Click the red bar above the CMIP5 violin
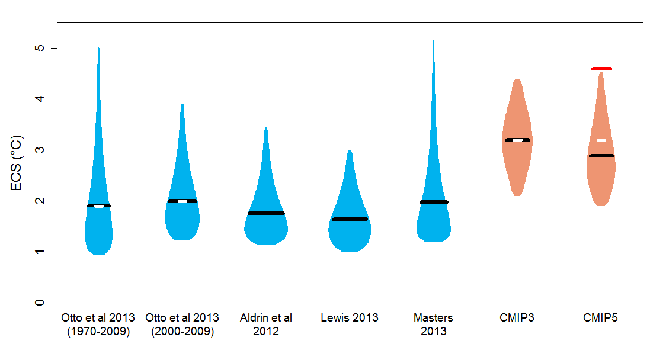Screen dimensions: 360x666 601,69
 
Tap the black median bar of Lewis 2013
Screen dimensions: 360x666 350,219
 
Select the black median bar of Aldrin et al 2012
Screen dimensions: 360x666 266,213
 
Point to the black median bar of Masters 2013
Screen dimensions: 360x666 434,202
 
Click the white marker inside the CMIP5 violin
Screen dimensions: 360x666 601,140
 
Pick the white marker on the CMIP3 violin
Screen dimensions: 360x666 517,140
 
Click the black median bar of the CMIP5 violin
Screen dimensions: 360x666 601,156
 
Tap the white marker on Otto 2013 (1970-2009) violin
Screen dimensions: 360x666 99,206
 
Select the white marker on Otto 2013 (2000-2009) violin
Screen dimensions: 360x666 182,201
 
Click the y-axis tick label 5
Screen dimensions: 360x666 39,48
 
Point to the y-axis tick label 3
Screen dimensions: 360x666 39,150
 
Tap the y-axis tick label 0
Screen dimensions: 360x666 39,303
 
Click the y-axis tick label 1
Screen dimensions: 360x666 39,252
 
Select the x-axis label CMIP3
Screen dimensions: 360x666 517,318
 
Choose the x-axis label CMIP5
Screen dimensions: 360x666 601,318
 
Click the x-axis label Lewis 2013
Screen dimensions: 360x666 350,318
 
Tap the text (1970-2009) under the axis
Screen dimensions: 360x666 98,332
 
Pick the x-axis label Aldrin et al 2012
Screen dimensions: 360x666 266,324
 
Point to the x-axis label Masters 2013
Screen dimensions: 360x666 433,324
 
